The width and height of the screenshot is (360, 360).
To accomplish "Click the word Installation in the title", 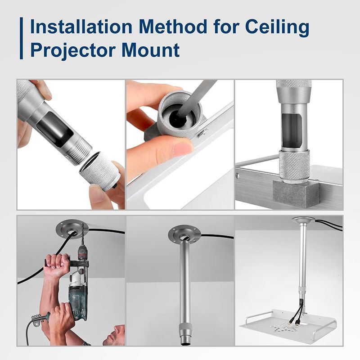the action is pyautogui.click(x=81, y=27).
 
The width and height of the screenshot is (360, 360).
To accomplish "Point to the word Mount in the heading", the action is pyautogui.click(x=151, y=50).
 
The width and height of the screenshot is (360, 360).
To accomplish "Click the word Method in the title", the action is pyautogui.click(x=173, y=27).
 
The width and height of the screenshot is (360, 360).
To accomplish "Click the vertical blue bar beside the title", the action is pyautogui.click(x=21, y=38).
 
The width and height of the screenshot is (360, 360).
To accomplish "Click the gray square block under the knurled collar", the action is pyautogui.click(x=296, y=193).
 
